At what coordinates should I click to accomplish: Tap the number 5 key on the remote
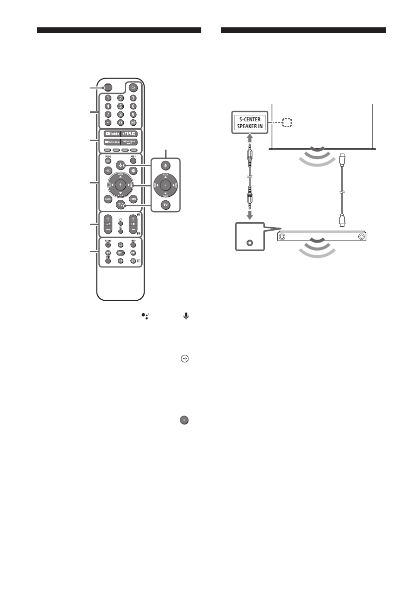120,106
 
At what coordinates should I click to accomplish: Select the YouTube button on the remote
111,133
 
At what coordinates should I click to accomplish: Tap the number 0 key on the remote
120,122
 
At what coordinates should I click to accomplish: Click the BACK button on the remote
107,198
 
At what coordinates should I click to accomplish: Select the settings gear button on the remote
133,170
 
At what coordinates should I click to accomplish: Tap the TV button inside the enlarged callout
166,205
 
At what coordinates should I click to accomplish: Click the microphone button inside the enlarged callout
166,165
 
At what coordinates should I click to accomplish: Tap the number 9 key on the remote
133,114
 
